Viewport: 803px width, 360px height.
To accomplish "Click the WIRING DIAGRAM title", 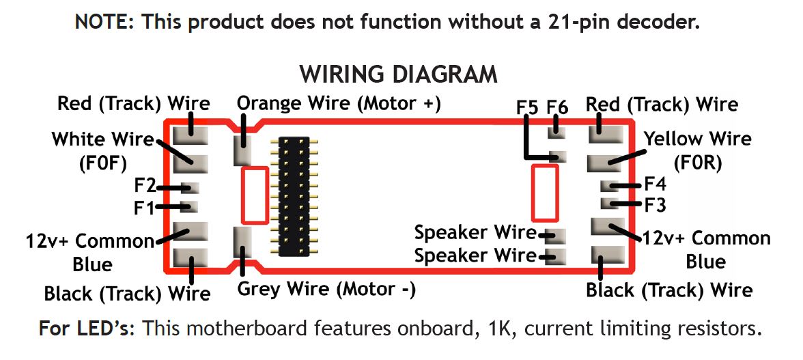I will [399, 74].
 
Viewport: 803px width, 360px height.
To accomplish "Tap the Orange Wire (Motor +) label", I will [339, 103].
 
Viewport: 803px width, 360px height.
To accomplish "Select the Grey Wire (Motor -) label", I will [326, 289].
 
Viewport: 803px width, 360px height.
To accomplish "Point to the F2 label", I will [145, 186].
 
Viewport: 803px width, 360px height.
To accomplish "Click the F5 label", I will [526, 107].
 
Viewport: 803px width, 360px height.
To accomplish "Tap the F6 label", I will [557, 107].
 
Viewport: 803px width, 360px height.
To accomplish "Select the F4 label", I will [655, 184].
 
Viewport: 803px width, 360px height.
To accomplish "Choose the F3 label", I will [655, 204].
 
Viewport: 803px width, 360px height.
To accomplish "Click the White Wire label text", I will [103, 139].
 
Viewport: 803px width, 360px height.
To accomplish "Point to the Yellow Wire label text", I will [698, 139].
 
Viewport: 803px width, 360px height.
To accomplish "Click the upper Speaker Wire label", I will [475, 232].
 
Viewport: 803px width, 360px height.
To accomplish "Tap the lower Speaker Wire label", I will [475, 255].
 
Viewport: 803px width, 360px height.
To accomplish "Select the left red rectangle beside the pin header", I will [255, 195].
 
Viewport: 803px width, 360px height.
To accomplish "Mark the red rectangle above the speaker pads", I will [545, 193].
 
